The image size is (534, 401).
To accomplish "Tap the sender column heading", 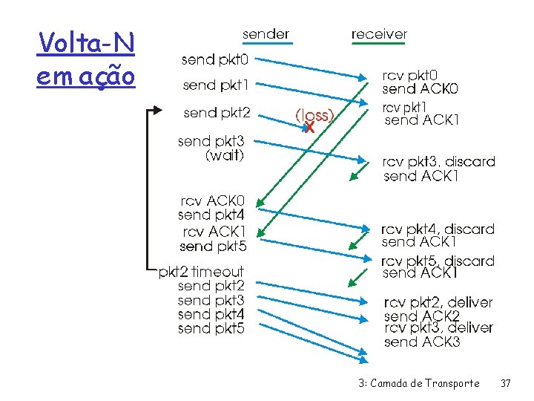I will pyautogui.click(x=266, y=33).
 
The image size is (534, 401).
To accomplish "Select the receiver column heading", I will pyautogui.click(x=379, y=33).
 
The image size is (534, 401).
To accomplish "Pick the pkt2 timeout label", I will pyautogui.click(x=201, y=272).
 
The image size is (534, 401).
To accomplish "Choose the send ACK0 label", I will pyautogui.click(x=421, y=89).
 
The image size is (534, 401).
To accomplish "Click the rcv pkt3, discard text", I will pyautogui.click(x=438, y=162).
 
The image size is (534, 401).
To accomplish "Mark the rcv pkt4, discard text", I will pyautogui.click(x=438, y=229).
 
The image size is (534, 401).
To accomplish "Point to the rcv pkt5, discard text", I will pyautogui.click(x=438, y=261).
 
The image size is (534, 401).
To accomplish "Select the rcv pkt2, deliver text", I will pyautogui.click(x=438, y=302).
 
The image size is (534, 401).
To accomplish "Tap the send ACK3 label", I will pyautogui.click(x=422, y=342).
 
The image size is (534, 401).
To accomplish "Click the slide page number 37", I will pyautogui.click(x=506, y=383).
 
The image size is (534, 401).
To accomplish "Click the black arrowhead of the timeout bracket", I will pyautogui.click(x=156, y=110).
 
